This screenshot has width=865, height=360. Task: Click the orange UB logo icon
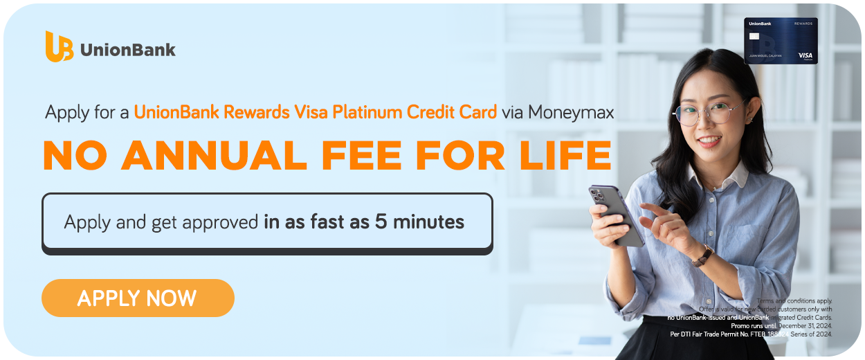click(x=59, y=46)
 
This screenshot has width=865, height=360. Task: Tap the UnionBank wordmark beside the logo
click(x=128, y=50)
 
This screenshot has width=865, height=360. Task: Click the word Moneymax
click(x=571, y=112)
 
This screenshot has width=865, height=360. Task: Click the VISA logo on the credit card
click(x=805, y=55)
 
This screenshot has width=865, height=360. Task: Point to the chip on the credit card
click(x=754, y=36)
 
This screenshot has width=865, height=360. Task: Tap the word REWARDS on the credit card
click(x=803, y=23)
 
